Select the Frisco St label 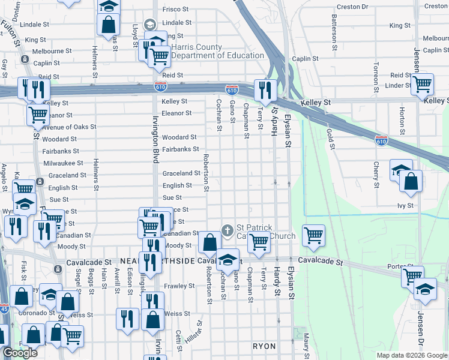(x=175, y=10)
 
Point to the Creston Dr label (x=353, y=7)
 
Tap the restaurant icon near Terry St (x=265, y=90)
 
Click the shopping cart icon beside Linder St (x=422, y=85)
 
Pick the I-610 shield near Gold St (x=381, y=140)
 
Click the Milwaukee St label (x=63, y=163)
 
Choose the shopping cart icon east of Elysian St (x=313, y=235)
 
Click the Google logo (x=20, y=353)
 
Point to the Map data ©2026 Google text (x=411, y=355)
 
